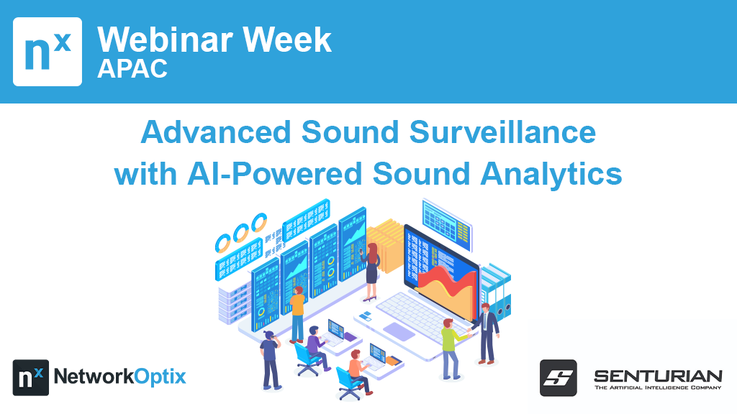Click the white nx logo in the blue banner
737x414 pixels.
pyautogui.click(x=48, y=52)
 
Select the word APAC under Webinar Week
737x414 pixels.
pyautogui.click(x=132, y=68)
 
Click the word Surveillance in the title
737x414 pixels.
pyautogui.click(x=502, y=132)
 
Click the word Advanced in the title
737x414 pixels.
pyautogui.click(x=216, y=132)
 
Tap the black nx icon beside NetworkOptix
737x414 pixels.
pyautogui.click(x=30, y=377)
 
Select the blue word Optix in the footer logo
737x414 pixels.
pyautogui.click(x=160, y=377)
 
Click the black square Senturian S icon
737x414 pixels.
pyautogui.click(x=558, y=378)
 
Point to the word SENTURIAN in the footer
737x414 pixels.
pyautogui.click(x=658, y=376)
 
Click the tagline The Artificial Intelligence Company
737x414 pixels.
pyautogui.click(x=658, y=387)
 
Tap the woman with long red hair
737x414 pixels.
pyautogui.click(x=371, y=272)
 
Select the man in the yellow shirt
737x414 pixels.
pyautogui.click(x=297, y=313)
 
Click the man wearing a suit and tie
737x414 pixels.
pyautogui.click(x=486, y=333)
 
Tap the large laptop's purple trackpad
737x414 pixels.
pyautogui.click(x=399, y=331)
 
